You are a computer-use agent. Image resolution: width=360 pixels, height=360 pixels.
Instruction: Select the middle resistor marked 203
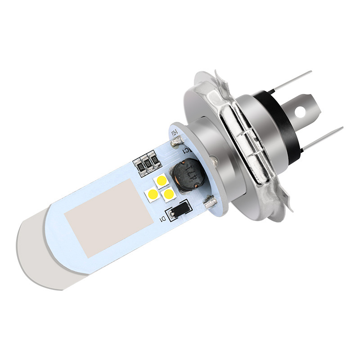coord(145,163)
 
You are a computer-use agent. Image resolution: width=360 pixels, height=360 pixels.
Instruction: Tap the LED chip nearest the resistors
coord(161,181)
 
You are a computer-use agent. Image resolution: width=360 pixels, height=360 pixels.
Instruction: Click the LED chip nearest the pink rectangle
coord(152,194)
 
